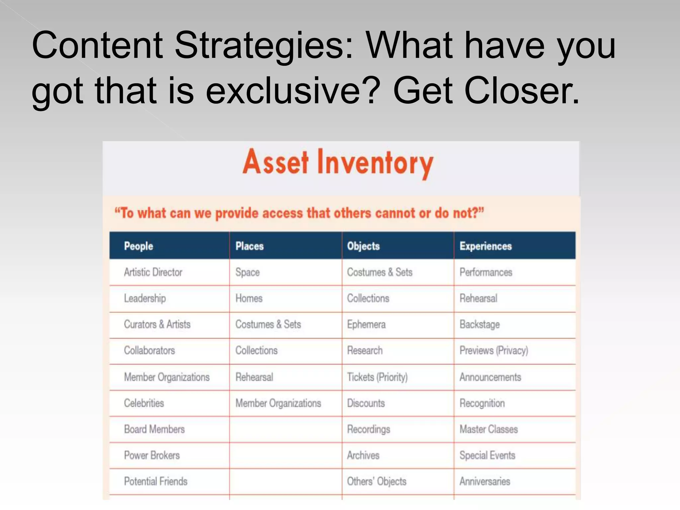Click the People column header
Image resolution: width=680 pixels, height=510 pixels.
(x=138, y=246)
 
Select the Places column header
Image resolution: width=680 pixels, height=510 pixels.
(x=249, y=246)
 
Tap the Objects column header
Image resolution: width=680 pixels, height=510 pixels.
(x=363, y=246)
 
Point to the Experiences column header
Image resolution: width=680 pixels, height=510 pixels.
(x=485, y=246)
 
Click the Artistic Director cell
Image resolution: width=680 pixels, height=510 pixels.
(x=153, y=272)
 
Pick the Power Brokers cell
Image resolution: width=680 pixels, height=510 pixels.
(x=152, y=455)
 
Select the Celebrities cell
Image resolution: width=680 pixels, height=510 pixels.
(x=144, y=403)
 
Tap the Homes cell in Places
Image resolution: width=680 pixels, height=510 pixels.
(x=249, y=298)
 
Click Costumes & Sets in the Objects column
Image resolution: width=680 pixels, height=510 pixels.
(x=380, y=272)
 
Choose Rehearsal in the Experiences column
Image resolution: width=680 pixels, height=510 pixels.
(x=478, y=298)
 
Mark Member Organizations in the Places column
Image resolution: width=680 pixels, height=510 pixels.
(x=278, y=403)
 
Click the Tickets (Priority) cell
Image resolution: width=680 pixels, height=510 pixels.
(x=377, y=377)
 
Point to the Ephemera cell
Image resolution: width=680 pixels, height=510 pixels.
(x=366, y=324)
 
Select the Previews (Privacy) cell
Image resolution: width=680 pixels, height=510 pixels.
(x=494, y=351)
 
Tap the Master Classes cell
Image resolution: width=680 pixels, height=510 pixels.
(x=488, y=429)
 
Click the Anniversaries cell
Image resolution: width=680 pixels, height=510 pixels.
(x=485, y=481)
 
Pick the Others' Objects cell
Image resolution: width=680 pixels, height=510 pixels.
(x=377, y=481)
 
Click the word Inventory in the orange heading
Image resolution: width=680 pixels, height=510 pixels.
(x=375, y=163)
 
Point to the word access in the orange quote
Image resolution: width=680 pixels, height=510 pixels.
(x=283, y=213)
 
